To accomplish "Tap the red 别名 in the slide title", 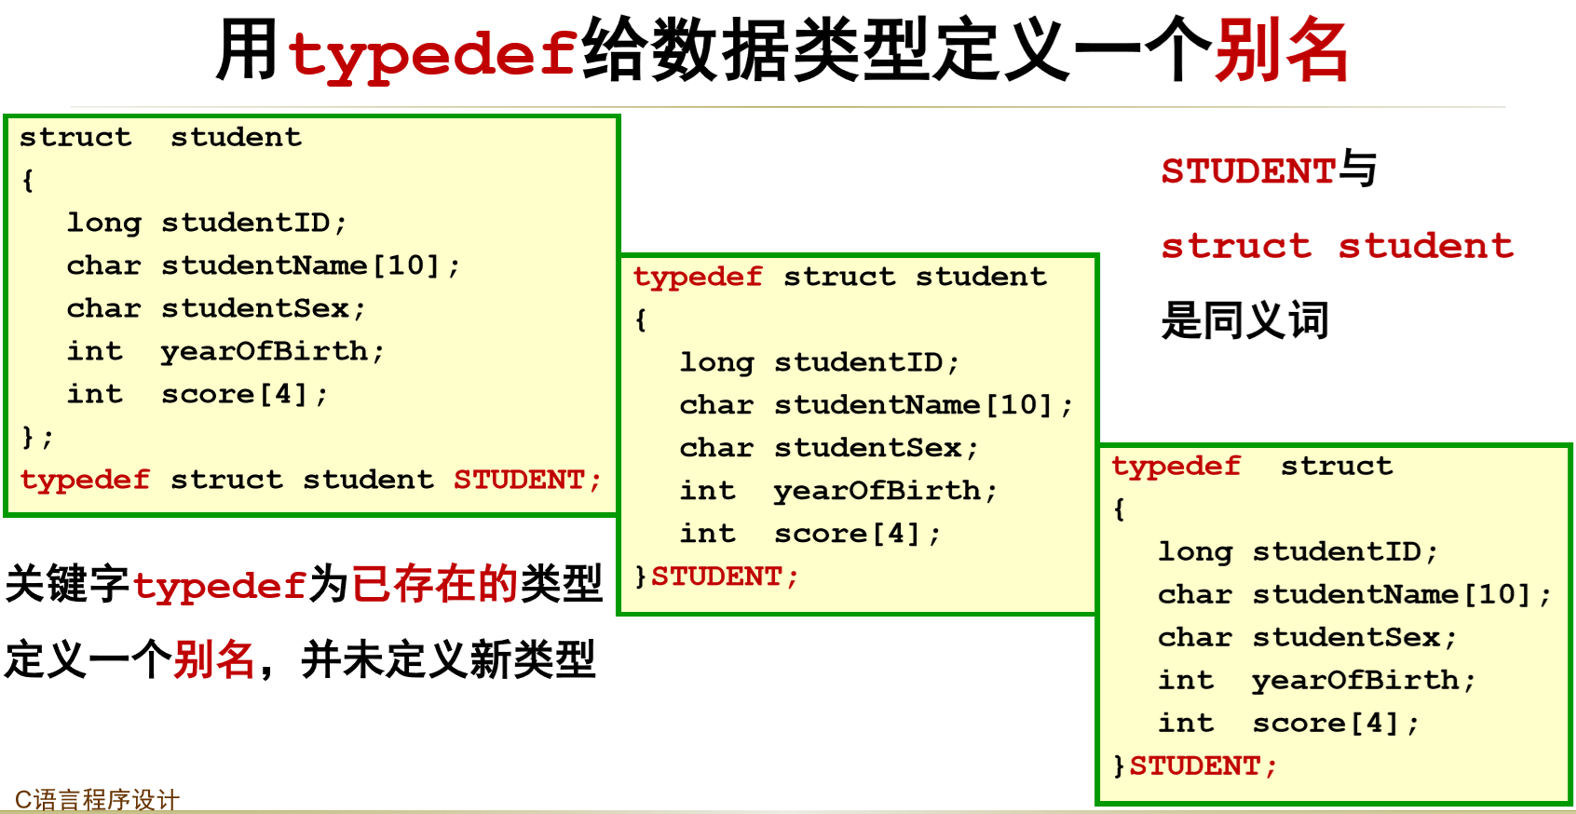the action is click(x=1281, y=51).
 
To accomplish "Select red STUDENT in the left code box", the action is click(x=526, y=480).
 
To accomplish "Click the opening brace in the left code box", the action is click(x=28, y=180).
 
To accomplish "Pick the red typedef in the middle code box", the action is click(x=698, y=277).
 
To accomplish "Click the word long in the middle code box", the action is click(x=715, y=362).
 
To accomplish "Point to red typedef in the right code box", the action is click(x=1175, y=466).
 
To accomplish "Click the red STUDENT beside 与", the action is click(x=1248, y=171).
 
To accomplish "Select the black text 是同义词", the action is click(x=1244, y=320).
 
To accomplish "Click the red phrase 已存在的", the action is click(x=434, y=584).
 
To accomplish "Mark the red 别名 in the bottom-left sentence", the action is click(x=214, y=659).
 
